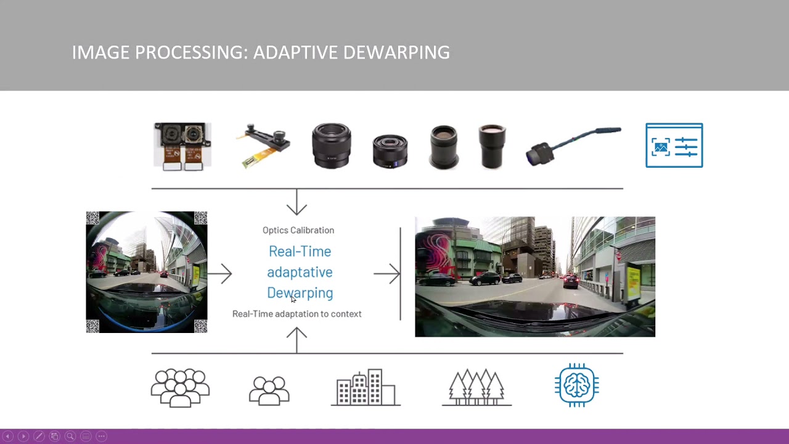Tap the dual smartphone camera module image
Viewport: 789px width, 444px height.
(182, 146)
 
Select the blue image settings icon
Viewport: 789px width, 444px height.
(674, 146)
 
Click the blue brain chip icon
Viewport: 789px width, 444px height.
(577, 385)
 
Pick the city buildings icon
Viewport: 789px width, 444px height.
(366, 387)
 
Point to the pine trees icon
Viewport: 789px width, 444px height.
(476, 387)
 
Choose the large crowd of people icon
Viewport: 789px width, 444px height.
(180, 387)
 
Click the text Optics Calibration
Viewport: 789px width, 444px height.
(298, 230)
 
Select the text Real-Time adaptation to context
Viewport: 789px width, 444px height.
(296, 314)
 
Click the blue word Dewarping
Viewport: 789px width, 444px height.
(300, 293)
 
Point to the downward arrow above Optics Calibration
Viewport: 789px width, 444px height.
(296, 202)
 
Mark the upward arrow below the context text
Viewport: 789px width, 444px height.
(296, 340)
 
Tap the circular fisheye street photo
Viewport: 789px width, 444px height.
(147, 272)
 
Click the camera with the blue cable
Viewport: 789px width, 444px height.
(573, 146)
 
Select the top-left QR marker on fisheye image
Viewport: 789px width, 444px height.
(92, 218)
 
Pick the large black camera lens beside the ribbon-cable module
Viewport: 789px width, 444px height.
(331, 146)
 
